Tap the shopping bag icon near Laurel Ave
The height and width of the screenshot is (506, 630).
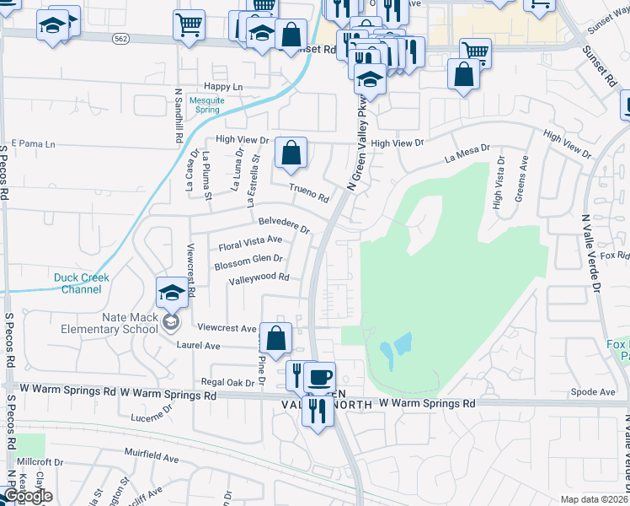click(x=275, y=338)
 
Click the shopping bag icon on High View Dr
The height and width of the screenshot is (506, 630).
click(x=291, y=153)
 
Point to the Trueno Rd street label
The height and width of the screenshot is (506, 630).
click(x=308, y=193)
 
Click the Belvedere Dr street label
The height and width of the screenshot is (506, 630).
click(x=284, y=225)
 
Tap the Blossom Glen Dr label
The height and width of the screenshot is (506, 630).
click(x=248, y=262)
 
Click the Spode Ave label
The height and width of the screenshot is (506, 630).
click(x=593, y=392)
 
